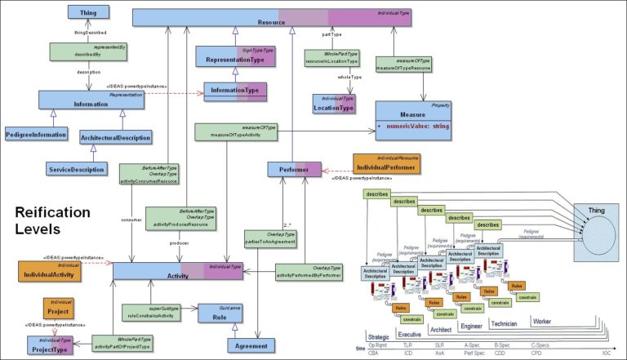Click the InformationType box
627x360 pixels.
click(x=230, y=89)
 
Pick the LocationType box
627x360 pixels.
click(x=335, y=104)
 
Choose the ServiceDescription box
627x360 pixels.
click(x=76, y=169)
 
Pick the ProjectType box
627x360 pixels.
click(x=49, y=345)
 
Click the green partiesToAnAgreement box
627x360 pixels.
click(x=270, y=239)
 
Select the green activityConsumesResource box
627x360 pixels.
click(x=150, y=176)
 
